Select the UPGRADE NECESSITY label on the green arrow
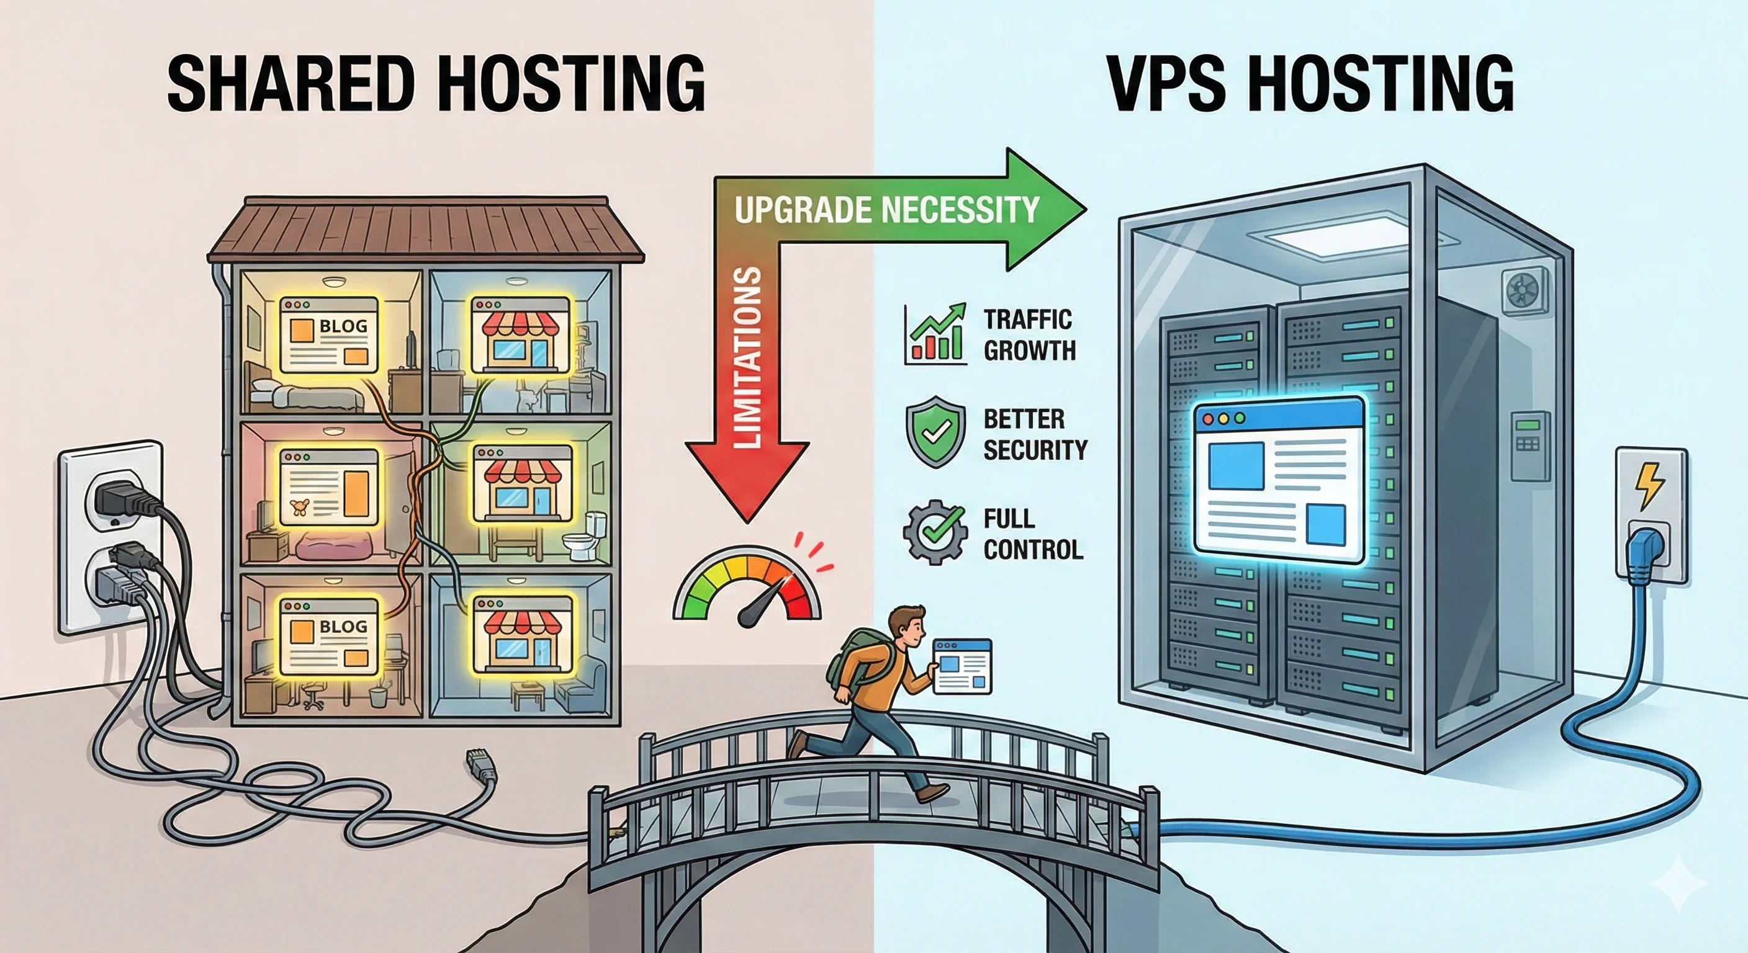[x=886, y=210]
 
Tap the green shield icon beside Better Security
[x=935, y=432]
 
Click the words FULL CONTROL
[x=1032, y=534]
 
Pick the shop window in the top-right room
[x=520, y=334]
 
